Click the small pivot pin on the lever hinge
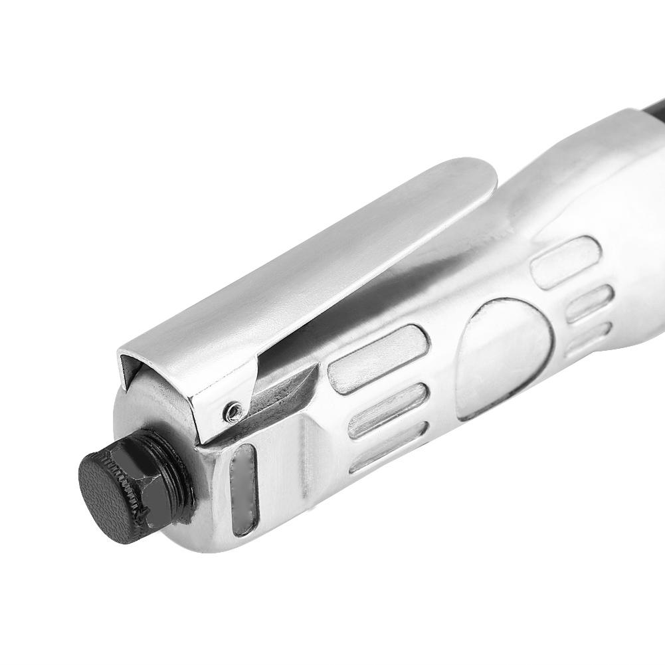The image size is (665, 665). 231,413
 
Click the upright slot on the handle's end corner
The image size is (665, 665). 242,488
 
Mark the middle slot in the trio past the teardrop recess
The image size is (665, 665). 589,303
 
